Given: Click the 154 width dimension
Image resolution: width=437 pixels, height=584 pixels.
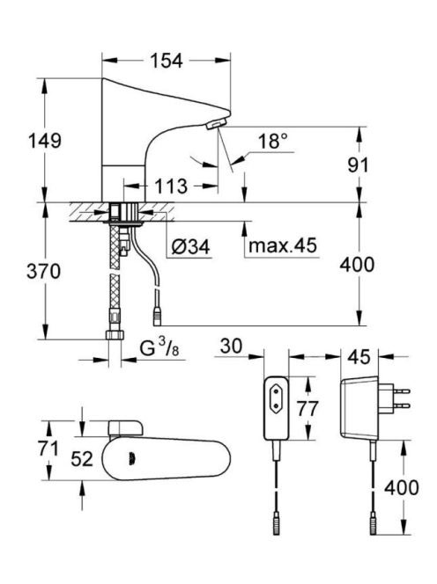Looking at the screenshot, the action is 167,61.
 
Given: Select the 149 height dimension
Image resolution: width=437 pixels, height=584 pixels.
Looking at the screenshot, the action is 45,141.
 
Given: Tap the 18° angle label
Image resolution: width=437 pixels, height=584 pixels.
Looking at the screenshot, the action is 273,141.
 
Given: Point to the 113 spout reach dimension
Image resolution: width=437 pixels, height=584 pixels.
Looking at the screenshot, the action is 171,186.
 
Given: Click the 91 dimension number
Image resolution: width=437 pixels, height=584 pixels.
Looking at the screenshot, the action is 358,165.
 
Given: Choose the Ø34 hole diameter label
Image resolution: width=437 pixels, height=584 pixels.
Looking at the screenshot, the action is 190,246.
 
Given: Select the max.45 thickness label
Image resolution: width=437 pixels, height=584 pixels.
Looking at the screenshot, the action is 283,245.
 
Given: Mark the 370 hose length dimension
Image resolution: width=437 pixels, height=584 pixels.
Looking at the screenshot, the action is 44,271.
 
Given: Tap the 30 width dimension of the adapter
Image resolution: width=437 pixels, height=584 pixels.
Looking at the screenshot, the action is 231,346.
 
